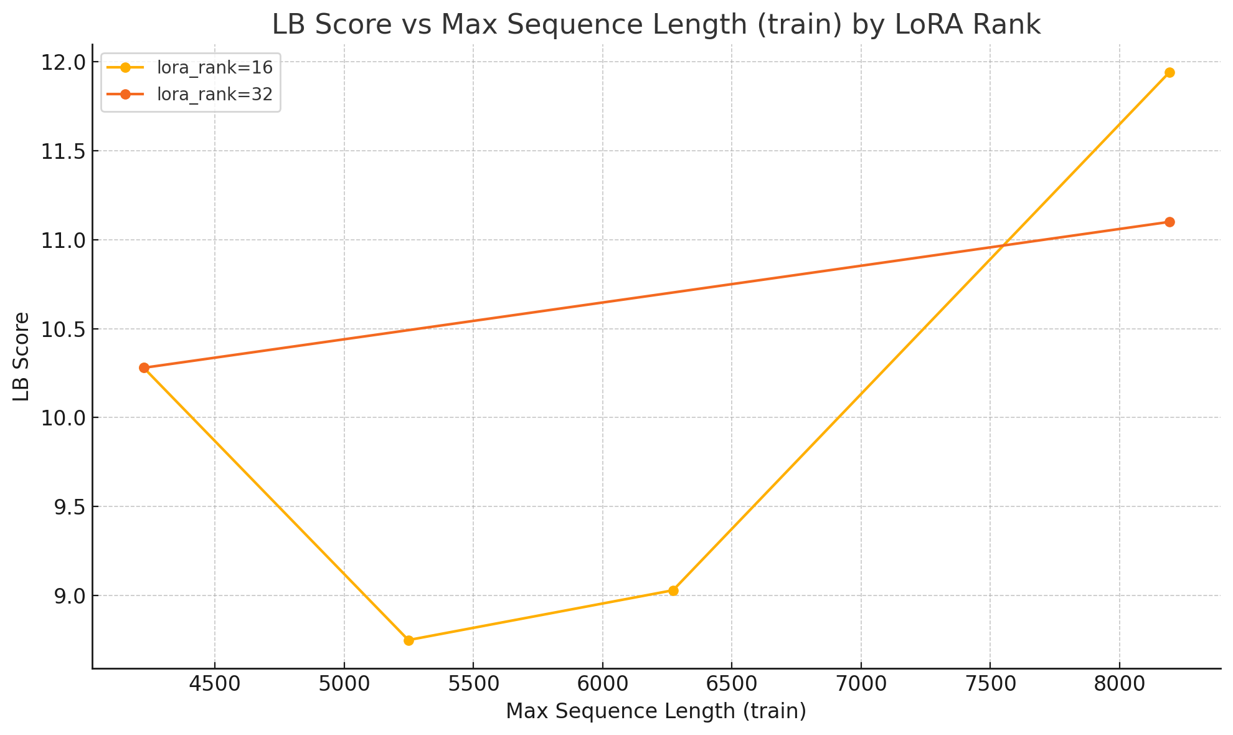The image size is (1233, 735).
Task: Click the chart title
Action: click(656, 25)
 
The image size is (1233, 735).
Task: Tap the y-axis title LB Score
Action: click(22, 356)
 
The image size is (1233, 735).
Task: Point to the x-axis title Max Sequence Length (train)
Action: click(656, 711)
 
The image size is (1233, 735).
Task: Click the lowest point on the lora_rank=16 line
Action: click(409, 640)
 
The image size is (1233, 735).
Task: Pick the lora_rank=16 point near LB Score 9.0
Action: click(673, 590)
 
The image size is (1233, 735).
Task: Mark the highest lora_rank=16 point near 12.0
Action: click(1169, 72)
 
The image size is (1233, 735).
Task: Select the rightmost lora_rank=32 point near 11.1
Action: click(1169, 222)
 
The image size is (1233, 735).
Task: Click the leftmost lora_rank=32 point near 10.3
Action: click(144, 367)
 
